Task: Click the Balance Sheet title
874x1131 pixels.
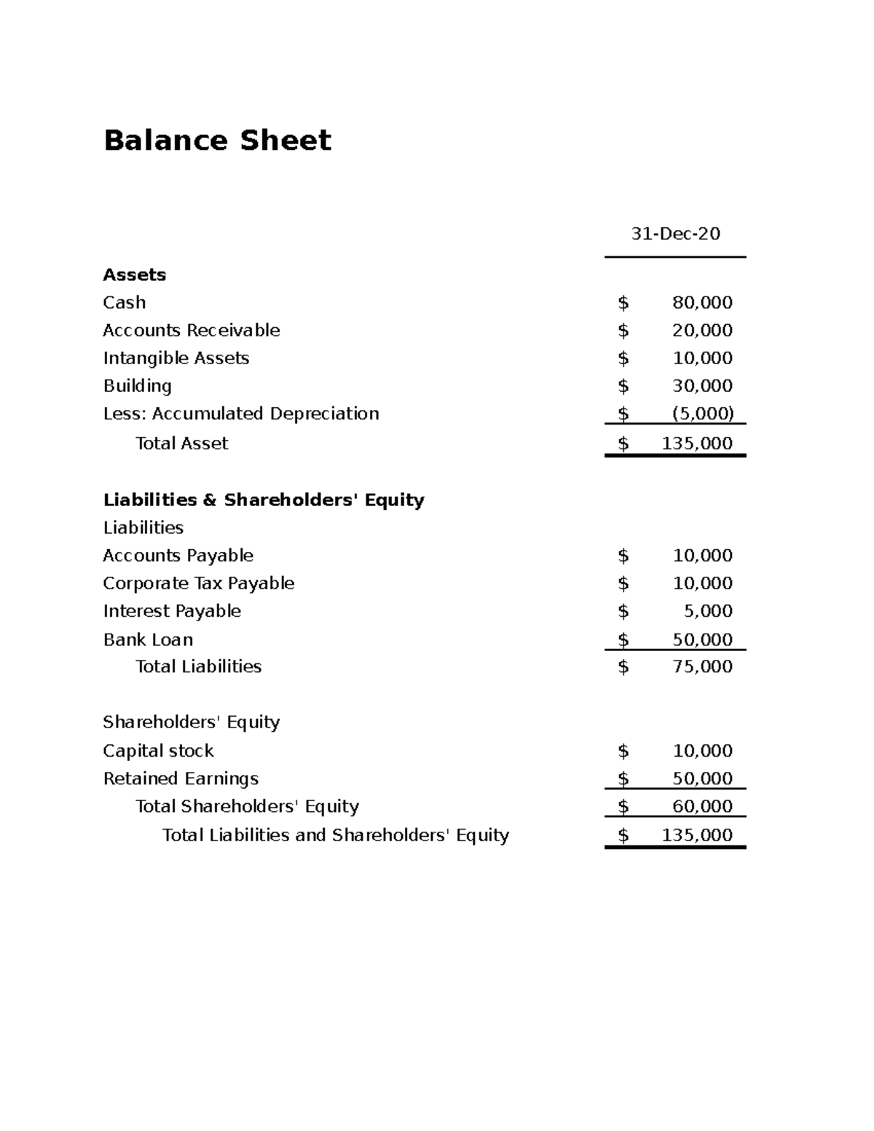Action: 217,140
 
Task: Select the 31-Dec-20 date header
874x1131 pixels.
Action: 675,234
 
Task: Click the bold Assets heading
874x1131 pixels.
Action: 135,275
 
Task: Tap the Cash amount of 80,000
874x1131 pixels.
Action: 702,302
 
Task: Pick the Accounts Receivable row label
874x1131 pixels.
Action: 192,330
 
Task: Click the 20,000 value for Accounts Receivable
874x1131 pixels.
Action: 702,330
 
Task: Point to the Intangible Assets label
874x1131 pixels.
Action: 176,358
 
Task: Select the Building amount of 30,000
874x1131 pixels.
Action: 702,386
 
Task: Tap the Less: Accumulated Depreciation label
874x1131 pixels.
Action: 241,414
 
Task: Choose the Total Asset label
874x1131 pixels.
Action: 182,444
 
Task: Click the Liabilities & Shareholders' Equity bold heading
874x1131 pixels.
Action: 264,500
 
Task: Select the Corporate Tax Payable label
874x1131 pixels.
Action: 199,583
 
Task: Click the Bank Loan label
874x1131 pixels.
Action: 149,639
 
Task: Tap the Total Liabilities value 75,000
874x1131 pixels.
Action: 702,666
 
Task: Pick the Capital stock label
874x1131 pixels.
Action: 159,751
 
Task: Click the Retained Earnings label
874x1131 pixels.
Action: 181,779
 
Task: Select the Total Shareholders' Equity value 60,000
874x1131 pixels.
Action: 702,806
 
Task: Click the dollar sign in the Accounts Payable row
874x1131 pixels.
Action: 623,556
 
